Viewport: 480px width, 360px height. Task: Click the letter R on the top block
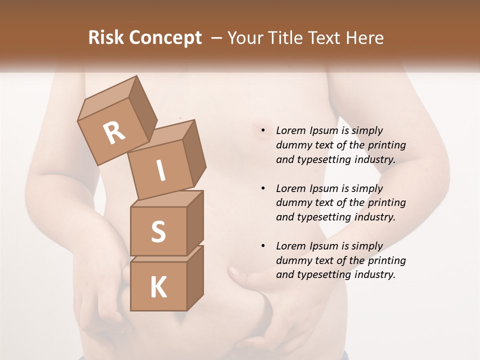click(114, 133)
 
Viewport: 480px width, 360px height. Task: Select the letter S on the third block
click(158, 231)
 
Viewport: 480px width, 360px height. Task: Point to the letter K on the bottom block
click(158, 287)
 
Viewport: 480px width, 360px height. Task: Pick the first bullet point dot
click(263, 130)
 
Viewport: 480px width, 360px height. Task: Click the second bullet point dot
click(263, 188)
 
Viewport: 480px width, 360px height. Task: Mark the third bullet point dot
click(263, 246)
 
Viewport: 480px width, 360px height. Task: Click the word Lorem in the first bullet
click(291, 130)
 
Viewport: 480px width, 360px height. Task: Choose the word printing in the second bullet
click(387, 203)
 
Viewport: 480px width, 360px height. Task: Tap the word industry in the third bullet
click(375, 274)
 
